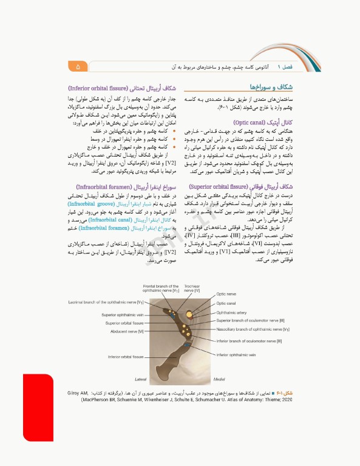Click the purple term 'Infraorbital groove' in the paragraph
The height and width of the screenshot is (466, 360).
(x=95, y=205)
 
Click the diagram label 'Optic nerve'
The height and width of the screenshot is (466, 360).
(x=228, y=294)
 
